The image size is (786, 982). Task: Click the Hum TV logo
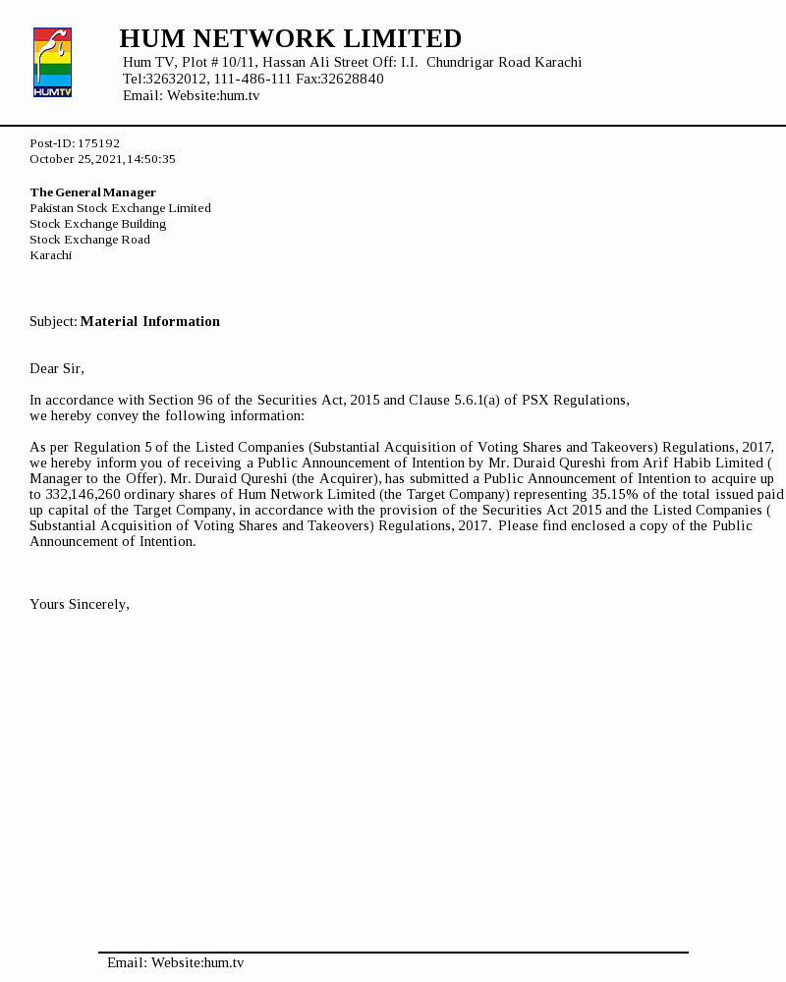52,63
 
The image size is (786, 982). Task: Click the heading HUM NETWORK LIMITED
290,38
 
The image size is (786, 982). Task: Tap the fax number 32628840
352,79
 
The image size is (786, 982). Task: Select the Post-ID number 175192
98,143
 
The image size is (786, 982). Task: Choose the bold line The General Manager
92,192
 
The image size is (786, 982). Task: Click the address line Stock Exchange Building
97,224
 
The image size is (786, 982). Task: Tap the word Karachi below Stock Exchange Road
50,255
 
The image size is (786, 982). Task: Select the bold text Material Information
150,321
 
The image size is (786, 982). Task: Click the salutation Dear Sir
56,368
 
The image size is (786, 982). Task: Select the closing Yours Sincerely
79,604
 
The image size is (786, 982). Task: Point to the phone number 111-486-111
253,79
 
